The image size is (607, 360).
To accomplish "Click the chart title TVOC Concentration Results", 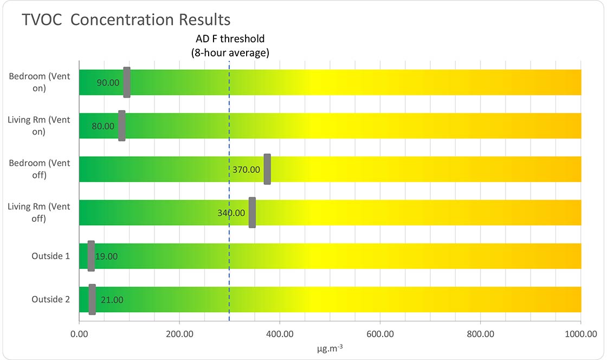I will [126, 20].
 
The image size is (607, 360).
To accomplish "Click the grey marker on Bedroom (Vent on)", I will [127, 82].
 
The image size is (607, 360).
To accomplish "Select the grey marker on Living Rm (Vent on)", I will [122, 126].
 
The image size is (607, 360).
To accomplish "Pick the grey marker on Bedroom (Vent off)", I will [267, 169].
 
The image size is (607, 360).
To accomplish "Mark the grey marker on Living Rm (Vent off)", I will [252, 213].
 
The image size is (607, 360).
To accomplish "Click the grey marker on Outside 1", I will [91, 256].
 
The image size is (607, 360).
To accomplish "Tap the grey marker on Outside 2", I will [92, 299].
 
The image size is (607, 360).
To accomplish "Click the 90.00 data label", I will [108, 83].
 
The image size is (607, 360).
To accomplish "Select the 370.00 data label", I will [247, 170].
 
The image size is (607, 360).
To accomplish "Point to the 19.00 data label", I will [106, 256].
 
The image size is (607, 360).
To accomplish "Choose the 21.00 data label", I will [112, 300].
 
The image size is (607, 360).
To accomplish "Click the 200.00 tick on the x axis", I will [179, 334].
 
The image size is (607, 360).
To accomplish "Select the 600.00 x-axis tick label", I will [380, 334].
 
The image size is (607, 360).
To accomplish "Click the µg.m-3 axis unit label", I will [330, 348].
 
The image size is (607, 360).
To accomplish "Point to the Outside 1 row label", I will [50, 256].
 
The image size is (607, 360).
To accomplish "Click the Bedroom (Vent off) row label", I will [40, 169].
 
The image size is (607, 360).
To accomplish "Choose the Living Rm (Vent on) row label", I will [39, 125].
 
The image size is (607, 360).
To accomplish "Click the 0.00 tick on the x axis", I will [80, 334].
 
